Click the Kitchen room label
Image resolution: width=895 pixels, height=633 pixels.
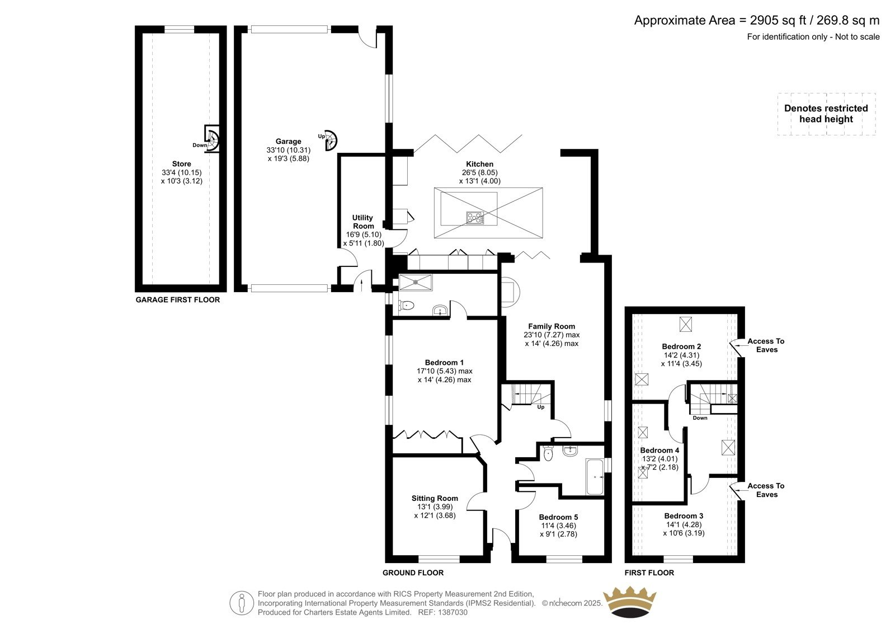(x=479, y=164)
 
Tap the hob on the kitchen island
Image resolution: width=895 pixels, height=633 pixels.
(x=475, y=218)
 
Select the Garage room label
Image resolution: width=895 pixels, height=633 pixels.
(x=288, y=141)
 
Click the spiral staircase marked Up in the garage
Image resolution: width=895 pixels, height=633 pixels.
(x=331, y=140)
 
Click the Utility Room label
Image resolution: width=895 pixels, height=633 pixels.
(x=363, y=222)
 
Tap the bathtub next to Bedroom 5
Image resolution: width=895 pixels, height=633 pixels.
(x=595, y=477)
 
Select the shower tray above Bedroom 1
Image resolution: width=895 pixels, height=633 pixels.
(x=416, y=282)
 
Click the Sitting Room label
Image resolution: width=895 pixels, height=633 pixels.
(x=435, y=498)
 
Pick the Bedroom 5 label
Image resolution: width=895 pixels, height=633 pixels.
(x=558, y=517)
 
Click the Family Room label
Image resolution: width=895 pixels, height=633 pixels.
(x=552, y=326)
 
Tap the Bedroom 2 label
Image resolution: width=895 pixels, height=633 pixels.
(x=681, y=346)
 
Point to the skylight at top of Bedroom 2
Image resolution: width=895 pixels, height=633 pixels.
(x=686, y=324)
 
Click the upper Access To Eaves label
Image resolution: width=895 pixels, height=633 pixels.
(x=766, y=345)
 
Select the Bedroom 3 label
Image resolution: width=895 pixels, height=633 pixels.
(x=684, y=516)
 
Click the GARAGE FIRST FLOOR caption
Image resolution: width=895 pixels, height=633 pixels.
(x=178, y=299)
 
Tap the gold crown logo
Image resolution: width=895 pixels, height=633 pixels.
(x=630, y=602)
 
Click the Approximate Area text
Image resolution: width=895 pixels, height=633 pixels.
(x=757, y=20)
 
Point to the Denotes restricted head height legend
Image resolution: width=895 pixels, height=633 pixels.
(x=826, y=114)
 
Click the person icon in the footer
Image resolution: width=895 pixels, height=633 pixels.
(x=241, y=603)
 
